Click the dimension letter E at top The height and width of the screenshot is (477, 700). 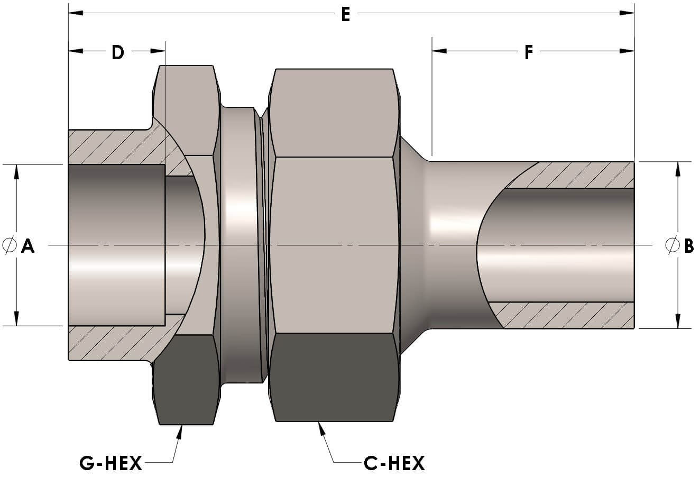point(345,14)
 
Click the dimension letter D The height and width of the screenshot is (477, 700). point(117,52)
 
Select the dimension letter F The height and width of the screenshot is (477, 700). point(528,52)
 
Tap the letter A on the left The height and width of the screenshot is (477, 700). point(27,245)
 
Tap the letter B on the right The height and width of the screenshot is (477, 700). point(689,245)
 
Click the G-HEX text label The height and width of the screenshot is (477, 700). point(111,464)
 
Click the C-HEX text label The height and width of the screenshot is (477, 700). point(394,464)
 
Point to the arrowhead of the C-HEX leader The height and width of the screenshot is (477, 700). point(319,427)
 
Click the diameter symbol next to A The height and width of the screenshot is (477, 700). point(10,245)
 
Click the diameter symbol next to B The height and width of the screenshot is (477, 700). point(672,245)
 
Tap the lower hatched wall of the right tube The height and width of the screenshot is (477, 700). point(566,315)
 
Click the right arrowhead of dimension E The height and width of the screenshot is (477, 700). point(628,13)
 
